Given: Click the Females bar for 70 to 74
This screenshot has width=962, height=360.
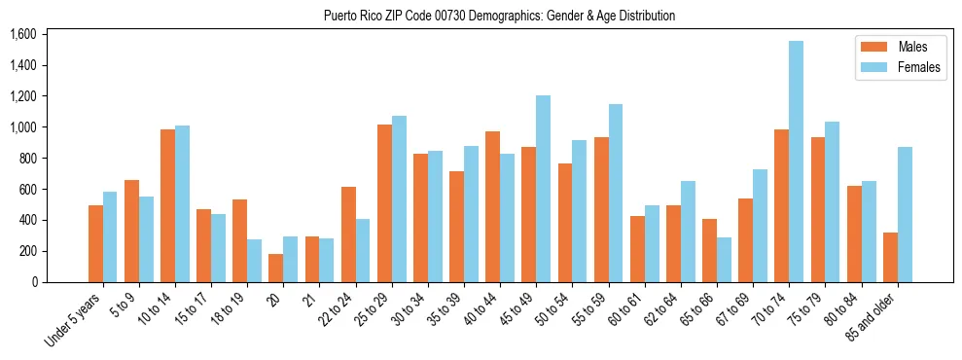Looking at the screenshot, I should click(x=796, y=162).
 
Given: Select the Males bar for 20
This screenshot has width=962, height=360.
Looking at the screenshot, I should click(x=276, y=268).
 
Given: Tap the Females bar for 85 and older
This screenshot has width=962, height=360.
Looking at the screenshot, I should click(x=905, y=214).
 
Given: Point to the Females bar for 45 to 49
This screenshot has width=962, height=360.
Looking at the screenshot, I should click(x=543, y=189).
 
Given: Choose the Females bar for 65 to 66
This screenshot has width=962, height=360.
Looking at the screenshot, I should click(x=724, y=260).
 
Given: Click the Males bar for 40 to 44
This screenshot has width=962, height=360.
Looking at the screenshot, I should click(x=492, y=206).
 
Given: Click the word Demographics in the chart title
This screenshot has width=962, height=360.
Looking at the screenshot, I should click(x=475, y=17).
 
